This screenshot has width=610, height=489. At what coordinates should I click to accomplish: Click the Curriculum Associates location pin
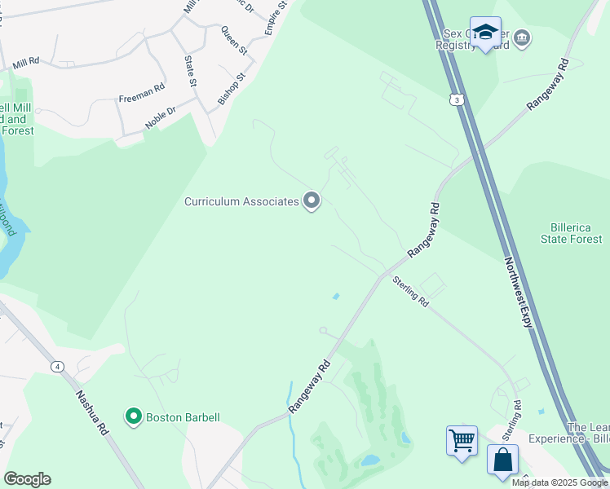[312, 200]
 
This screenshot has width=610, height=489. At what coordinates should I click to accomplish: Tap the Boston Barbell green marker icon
[134, 416]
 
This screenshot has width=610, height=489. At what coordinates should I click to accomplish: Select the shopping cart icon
[462, 441]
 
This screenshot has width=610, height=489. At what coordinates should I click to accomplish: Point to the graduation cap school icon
[485, 33]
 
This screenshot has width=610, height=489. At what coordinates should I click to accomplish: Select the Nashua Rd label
[91, 413]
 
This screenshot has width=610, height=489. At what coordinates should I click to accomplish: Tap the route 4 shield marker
[57, 367]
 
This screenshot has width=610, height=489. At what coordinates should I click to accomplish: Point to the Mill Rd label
[26, 61]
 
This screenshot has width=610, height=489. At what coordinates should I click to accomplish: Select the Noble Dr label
[160, 116]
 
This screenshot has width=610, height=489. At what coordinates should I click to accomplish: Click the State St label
[191, 70]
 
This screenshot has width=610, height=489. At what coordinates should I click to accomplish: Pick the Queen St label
[234, 39]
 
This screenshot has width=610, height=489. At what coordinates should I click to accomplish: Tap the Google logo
[27, 479]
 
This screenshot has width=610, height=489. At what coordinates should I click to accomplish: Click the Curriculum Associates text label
[241, 201]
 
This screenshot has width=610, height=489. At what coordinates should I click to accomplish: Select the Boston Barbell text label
[183, 417]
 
